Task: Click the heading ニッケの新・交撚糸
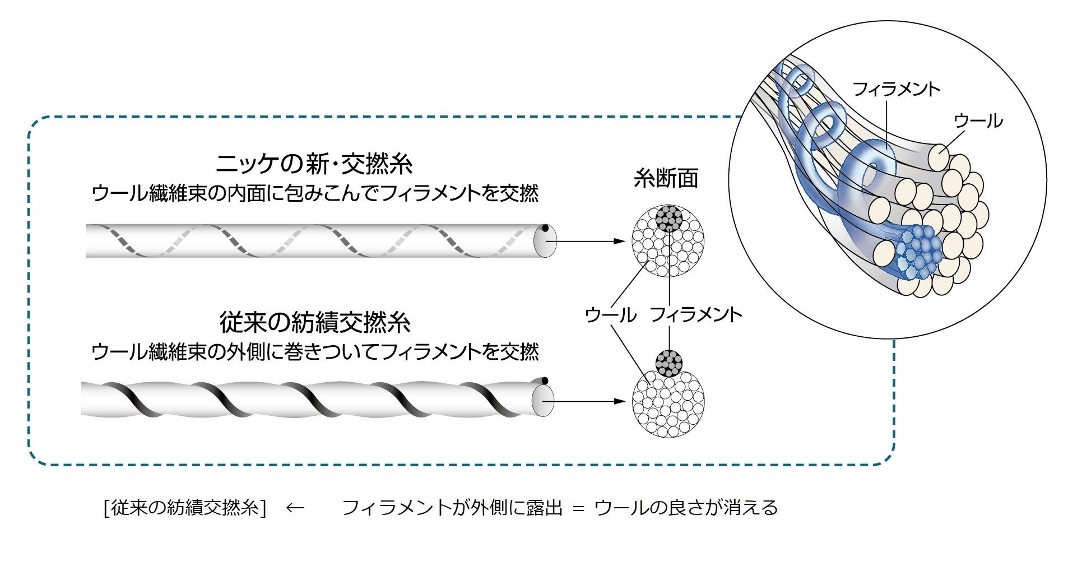tap(314, 164)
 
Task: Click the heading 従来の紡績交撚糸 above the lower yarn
tap(314, 323)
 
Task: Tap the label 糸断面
tap(666, 178)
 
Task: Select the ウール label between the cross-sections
tap(610, 314)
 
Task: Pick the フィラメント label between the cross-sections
tap(695, 314)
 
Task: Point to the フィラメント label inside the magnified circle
tap(895, 89)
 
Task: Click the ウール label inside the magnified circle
tap(978, 120)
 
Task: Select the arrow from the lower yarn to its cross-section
tap(588, 401)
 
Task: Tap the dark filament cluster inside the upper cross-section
tap(668, 219)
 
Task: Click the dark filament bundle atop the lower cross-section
tap(668, 363)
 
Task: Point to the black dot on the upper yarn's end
tap(545, 229)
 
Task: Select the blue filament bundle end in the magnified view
tap(917, 252)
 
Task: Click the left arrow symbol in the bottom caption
tap(295, 508)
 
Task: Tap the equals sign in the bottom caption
tap(578, 508)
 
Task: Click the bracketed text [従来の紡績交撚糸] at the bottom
tap(184, 508)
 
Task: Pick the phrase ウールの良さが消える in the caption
tap(686, 508)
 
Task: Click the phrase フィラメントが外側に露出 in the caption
tap(452, 508)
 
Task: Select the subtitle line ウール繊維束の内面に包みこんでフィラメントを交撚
tap(314, 194)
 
